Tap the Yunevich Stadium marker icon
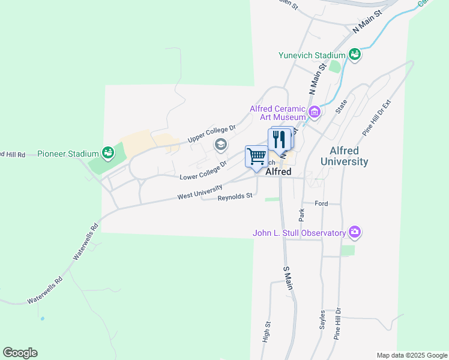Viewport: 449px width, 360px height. pyautogui.click(x=354, y=55)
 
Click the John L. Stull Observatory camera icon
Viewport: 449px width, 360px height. pyautogui.click(x=355, y=232)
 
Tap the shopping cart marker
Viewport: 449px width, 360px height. pyautogui.click(x=256, y=157)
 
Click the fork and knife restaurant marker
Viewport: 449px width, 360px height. pyautogui.click(x=279, y=139)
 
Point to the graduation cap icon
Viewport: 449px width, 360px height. pyautogui.click(x=220, y=144)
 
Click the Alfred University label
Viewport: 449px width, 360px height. pyautogui.click(x=344, y=156)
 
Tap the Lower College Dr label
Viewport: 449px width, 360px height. pyautogui.click(x=203, y=170)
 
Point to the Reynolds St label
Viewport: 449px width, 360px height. pyautogui.click(x=235, y=196)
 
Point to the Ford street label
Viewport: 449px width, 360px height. pyautogui.click(x=321, y=203)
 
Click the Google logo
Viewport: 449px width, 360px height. pyautogui.click(x=20, y=353)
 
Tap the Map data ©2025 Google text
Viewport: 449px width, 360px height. pyautogui.click(x=412, y=355)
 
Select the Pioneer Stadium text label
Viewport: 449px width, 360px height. pyautogui.click(x=68, y=154)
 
